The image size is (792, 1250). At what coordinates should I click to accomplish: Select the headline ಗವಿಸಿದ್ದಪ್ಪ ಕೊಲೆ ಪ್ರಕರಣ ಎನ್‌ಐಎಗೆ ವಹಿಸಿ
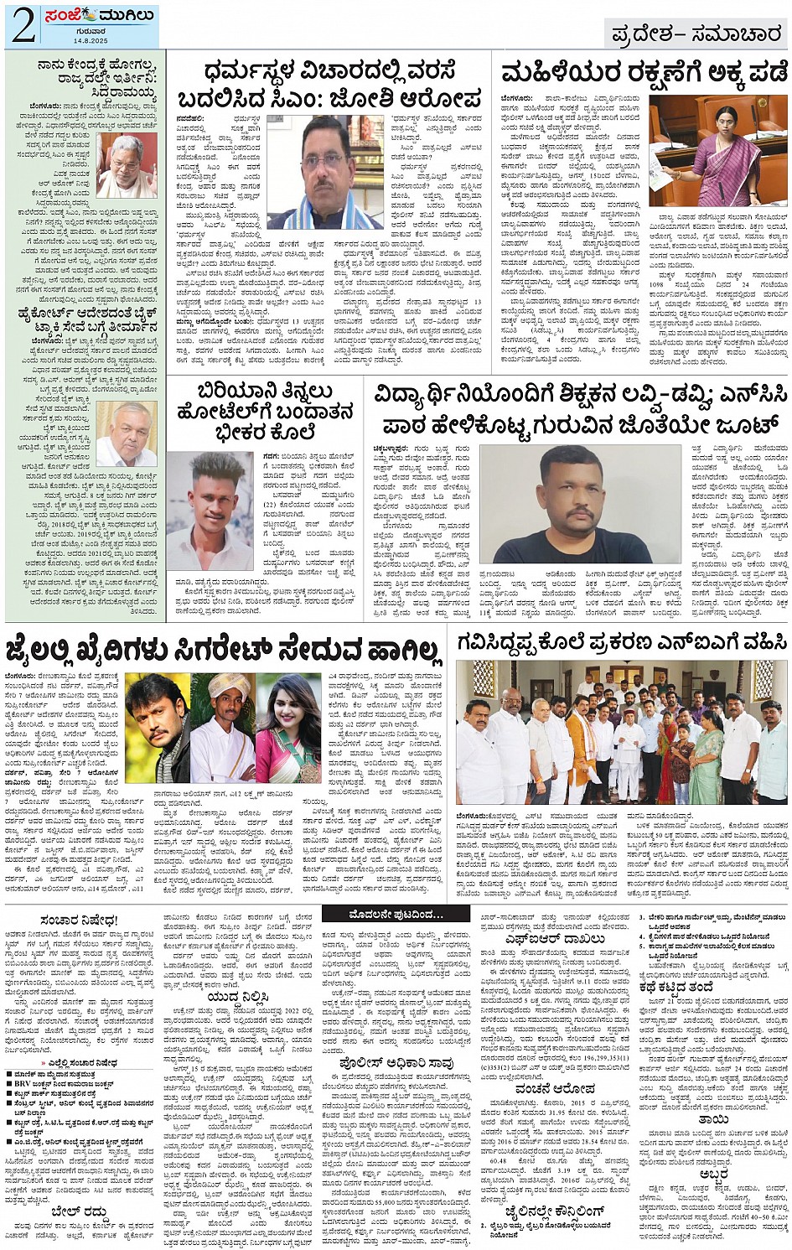pos(621,643)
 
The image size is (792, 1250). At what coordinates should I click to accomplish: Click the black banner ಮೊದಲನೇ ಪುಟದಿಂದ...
pos(396,913)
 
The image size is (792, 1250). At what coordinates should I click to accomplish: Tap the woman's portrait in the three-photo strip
pos(289,728)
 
